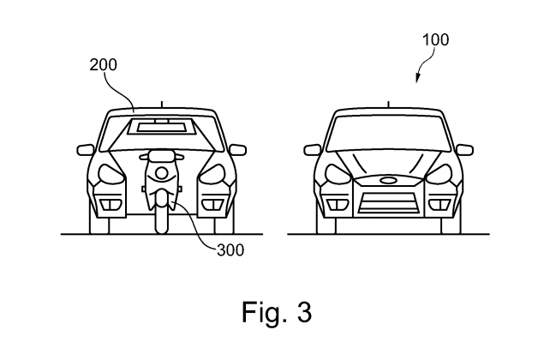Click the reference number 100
click(435, 40)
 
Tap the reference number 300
click(230, 250)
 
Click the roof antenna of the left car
click(160, 104)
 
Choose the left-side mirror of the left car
click(87, 150)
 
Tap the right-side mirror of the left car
click(234, 150)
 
